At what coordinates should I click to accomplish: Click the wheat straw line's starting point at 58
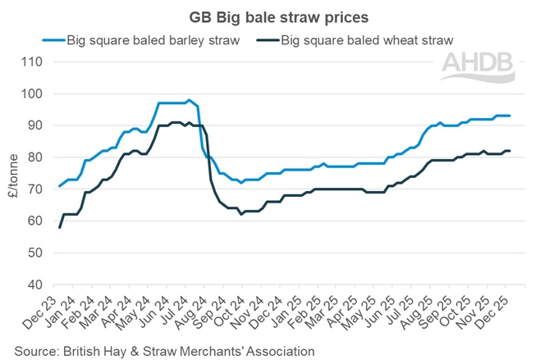(x=59, y=227)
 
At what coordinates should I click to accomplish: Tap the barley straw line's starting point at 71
(x=59, y=186)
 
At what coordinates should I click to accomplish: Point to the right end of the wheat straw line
(x=511, y=151)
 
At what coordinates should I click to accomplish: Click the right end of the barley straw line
(x=511, y=116)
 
